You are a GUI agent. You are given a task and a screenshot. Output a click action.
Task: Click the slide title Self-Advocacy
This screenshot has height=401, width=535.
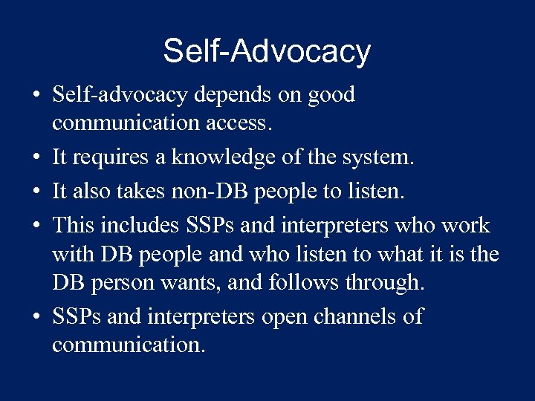coord(267,51)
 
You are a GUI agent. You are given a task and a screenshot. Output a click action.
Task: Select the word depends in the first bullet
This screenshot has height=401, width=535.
coord(222,96)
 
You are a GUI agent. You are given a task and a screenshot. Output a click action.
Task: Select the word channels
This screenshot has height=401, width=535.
coord(360,316)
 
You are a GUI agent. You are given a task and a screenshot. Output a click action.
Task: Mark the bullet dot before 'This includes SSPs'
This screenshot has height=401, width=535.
coord(36,226)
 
